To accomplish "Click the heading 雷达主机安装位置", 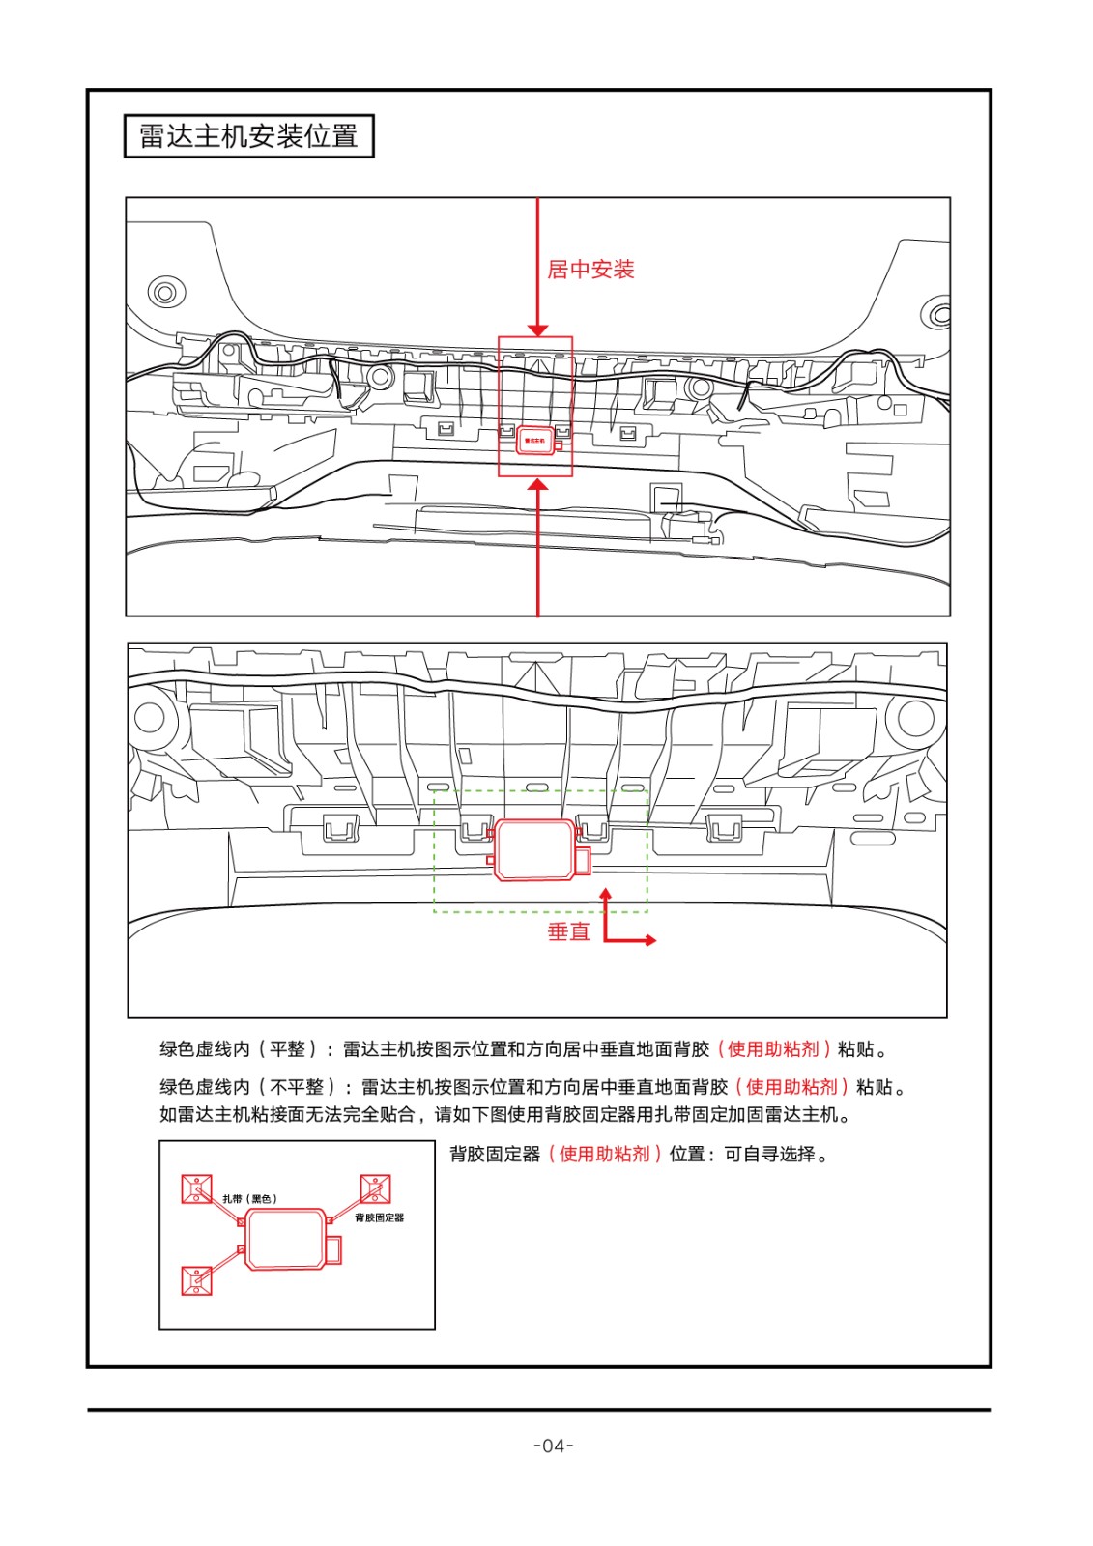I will [x=248, y=136].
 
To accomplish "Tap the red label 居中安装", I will [x=590, y=270].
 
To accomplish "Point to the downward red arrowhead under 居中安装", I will [x=538, y=329].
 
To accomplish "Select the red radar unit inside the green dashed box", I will [x=534, y=849].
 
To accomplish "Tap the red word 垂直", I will [x=568, y=931].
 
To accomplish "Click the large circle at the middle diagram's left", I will [x=150, y=717].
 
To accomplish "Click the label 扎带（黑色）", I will [x=249, y=1198].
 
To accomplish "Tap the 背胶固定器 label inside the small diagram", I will [x=379, y=1217].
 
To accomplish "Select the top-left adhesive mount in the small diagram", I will [x=196, y=1188].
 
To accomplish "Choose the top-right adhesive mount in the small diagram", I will [x=375, y=1188].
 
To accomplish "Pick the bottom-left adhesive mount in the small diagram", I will [x=196, y=1280].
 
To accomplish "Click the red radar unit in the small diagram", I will [x=286, y=1239].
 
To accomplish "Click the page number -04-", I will [x=554, y=1446].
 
